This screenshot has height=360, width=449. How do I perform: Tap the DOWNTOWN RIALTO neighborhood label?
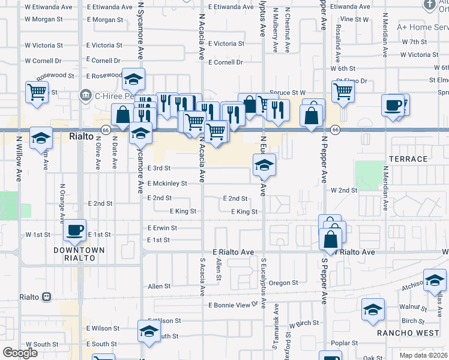click(79, 254)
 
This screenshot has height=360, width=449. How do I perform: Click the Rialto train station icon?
click(46, 297)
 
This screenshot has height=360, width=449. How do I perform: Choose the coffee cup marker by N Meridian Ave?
click(393, 105)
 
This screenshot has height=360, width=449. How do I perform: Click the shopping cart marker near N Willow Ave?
click(37, 92)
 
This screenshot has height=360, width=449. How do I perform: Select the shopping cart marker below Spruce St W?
click(343, 92)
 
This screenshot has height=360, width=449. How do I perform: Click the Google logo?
click(20, 353)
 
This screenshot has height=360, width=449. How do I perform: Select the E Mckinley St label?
click(167, 184)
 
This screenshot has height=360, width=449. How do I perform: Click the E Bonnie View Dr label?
click(234, 305)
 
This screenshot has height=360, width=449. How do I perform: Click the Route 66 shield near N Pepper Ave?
click(335, 129)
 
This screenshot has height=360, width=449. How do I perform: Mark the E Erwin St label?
click(162, 228)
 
